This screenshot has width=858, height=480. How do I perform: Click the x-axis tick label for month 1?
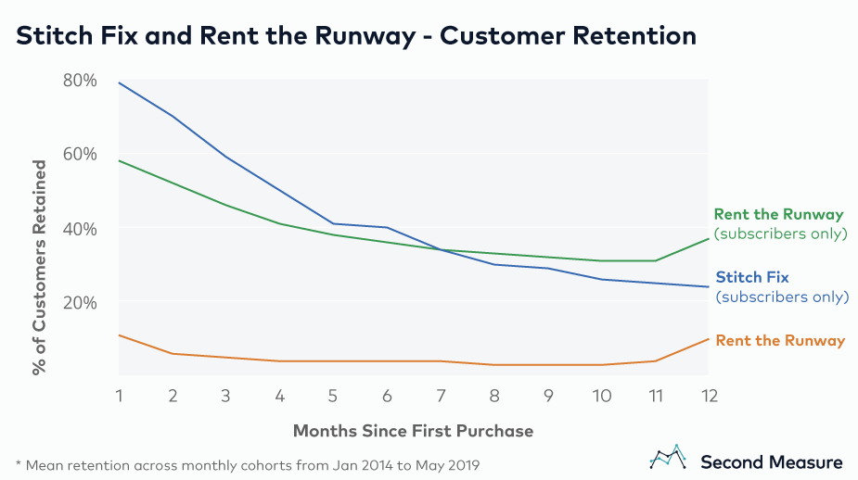[119, 395]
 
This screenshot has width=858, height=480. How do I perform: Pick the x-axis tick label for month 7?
[441, 395]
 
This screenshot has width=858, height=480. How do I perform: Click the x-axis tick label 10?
[601, 395]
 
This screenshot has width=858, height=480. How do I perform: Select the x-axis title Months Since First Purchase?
[413, 431]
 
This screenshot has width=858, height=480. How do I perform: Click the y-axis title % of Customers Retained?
[39, 267]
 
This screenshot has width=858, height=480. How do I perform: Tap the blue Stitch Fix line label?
[752, 277]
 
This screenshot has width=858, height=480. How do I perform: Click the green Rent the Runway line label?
[778, 215]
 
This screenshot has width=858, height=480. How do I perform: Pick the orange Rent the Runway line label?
[780, 341]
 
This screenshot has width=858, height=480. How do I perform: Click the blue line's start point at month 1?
[120, 83]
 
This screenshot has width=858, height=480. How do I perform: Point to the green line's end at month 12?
[708, 238]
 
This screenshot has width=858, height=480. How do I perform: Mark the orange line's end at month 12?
[708, 338]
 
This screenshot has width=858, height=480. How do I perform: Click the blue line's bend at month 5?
[333, 223]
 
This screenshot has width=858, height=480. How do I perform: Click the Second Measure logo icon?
[668, 457]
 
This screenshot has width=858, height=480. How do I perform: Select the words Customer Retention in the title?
[571, 36]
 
